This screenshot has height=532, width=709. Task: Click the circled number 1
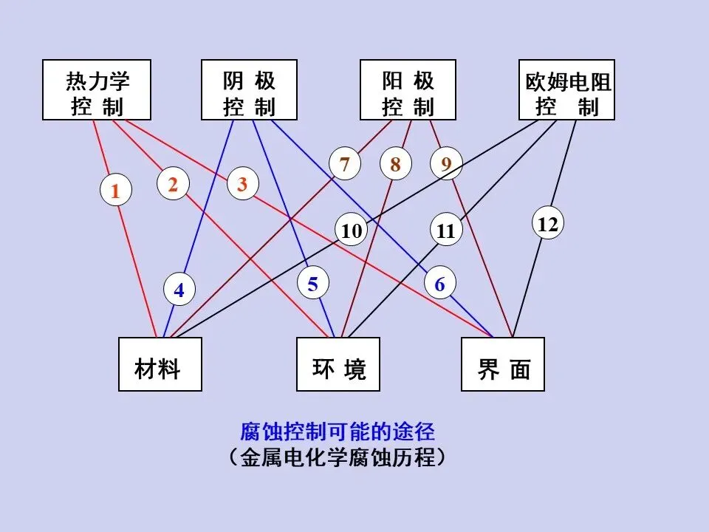pyautogui.click(x=115, y=191)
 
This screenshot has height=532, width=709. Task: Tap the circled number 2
pyautogui.click(x=173, y=185)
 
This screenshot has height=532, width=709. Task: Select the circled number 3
pyautogui.click(x=242, y=185)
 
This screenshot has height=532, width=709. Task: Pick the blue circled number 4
pyautogui.click(x=179, y=290)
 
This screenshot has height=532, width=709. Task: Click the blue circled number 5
pyautogui.click(x=313, y=284)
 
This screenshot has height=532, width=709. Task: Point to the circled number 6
pyautogui.click(x=440, y=284)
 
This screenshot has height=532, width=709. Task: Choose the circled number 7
pyautogui.click(x=345, y=164)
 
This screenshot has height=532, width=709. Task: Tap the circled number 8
pyautogui.click(x=396, y=164)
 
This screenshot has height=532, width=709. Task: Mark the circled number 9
pyautogui.click(x=446, y=164)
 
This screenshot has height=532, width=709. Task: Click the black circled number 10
pyautogui.click(x=352, y=231)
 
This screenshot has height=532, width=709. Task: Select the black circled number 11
pyautogui.click(x=446, y=231)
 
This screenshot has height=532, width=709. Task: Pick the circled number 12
pyautogui.click(x=548, y=223)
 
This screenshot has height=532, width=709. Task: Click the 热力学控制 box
pyautogui.click(x=97, y=90)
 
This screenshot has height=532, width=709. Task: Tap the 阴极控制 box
pyautogui.click(x=250, y=90)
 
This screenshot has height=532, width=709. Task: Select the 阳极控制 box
pyautogui.click(x=408, y=90)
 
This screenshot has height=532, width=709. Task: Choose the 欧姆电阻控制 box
pyautogui.click(x=567, y=90)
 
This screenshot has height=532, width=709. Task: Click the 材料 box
pyautogui.click(x=160, y=364)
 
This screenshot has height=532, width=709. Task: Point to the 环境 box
pyautogui.click(x=338, y=364)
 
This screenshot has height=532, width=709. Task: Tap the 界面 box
pyautogui.click(x=503, y=364)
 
